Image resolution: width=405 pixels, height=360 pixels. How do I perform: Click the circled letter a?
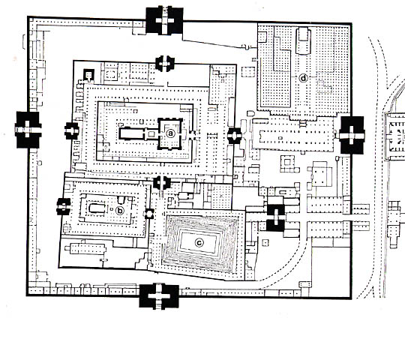171,132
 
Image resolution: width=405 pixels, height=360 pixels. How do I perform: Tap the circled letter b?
120,210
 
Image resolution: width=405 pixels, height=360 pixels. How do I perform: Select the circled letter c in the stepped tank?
199,241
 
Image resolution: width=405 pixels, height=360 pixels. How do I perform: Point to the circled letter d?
304,77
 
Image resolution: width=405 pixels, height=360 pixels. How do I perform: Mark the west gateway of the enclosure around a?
73,130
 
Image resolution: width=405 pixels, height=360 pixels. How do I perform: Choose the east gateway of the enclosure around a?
234,135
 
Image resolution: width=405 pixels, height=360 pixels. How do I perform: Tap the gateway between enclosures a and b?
161,182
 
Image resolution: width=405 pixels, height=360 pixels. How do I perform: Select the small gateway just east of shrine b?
149,214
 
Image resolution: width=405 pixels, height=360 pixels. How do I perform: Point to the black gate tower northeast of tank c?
275,217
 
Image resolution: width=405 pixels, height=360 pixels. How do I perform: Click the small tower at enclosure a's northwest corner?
88,74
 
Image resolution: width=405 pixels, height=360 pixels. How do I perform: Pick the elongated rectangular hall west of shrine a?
136,133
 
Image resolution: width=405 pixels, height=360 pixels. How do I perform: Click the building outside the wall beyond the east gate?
394,135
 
